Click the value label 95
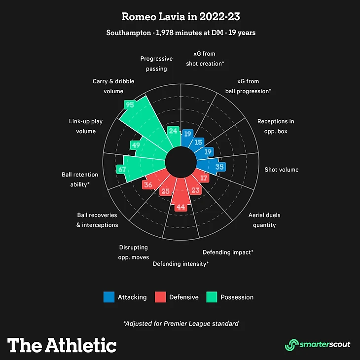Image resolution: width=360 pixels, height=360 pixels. click(130, 105)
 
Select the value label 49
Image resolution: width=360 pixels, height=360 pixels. click(136, 145)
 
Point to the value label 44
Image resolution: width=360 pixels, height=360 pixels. click(180, 207)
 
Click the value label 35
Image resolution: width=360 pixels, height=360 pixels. click(219, 167)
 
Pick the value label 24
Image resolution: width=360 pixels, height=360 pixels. click(173, 131)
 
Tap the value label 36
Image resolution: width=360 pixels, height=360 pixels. click(147, 185)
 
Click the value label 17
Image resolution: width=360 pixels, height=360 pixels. click(204, 178)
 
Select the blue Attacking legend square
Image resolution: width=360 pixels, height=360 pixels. click(108, 297)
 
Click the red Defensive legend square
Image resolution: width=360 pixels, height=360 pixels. click(160, 297)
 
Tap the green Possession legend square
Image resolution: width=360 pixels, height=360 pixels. click(212, 297)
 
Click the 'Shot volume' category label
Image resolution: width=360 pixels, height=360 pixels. click(282, 170)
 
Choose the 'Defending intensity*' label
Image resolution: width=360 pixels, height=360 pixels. click(180, 264)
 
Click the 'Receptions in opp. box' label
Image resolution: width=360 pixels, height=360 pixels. click(276, 126)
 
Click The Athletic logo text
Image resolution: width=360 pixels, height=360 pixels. click(62, 344)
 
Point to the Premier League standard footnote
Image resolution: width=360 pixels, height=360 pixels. click(180, 324)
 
